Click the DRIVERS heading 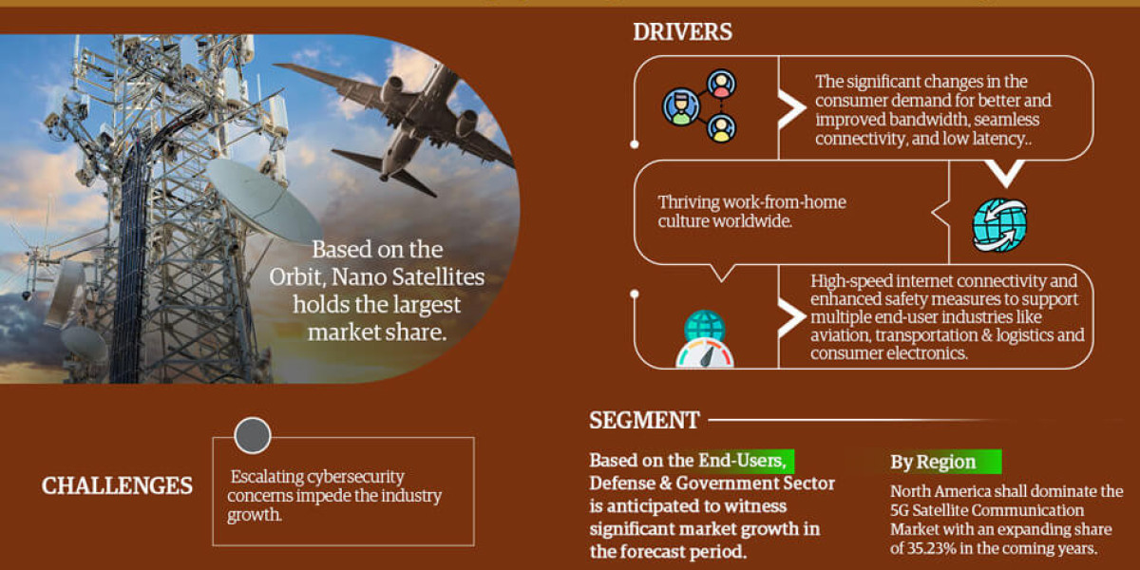(x=682, y=31)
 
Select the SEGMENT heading (x=644, y=420)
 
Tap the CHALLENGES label (x=117, y=486)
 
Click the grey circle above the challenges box (x=253, y=436)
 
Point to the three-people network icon (x=700, y=105)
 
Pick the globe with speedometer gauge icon (x=705, y=340)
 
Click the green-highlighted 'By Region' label (x=933, y=463)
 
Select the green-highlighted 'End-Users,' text (x=742, y=460)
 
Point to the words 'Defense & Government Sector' (x=712, y=484)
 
